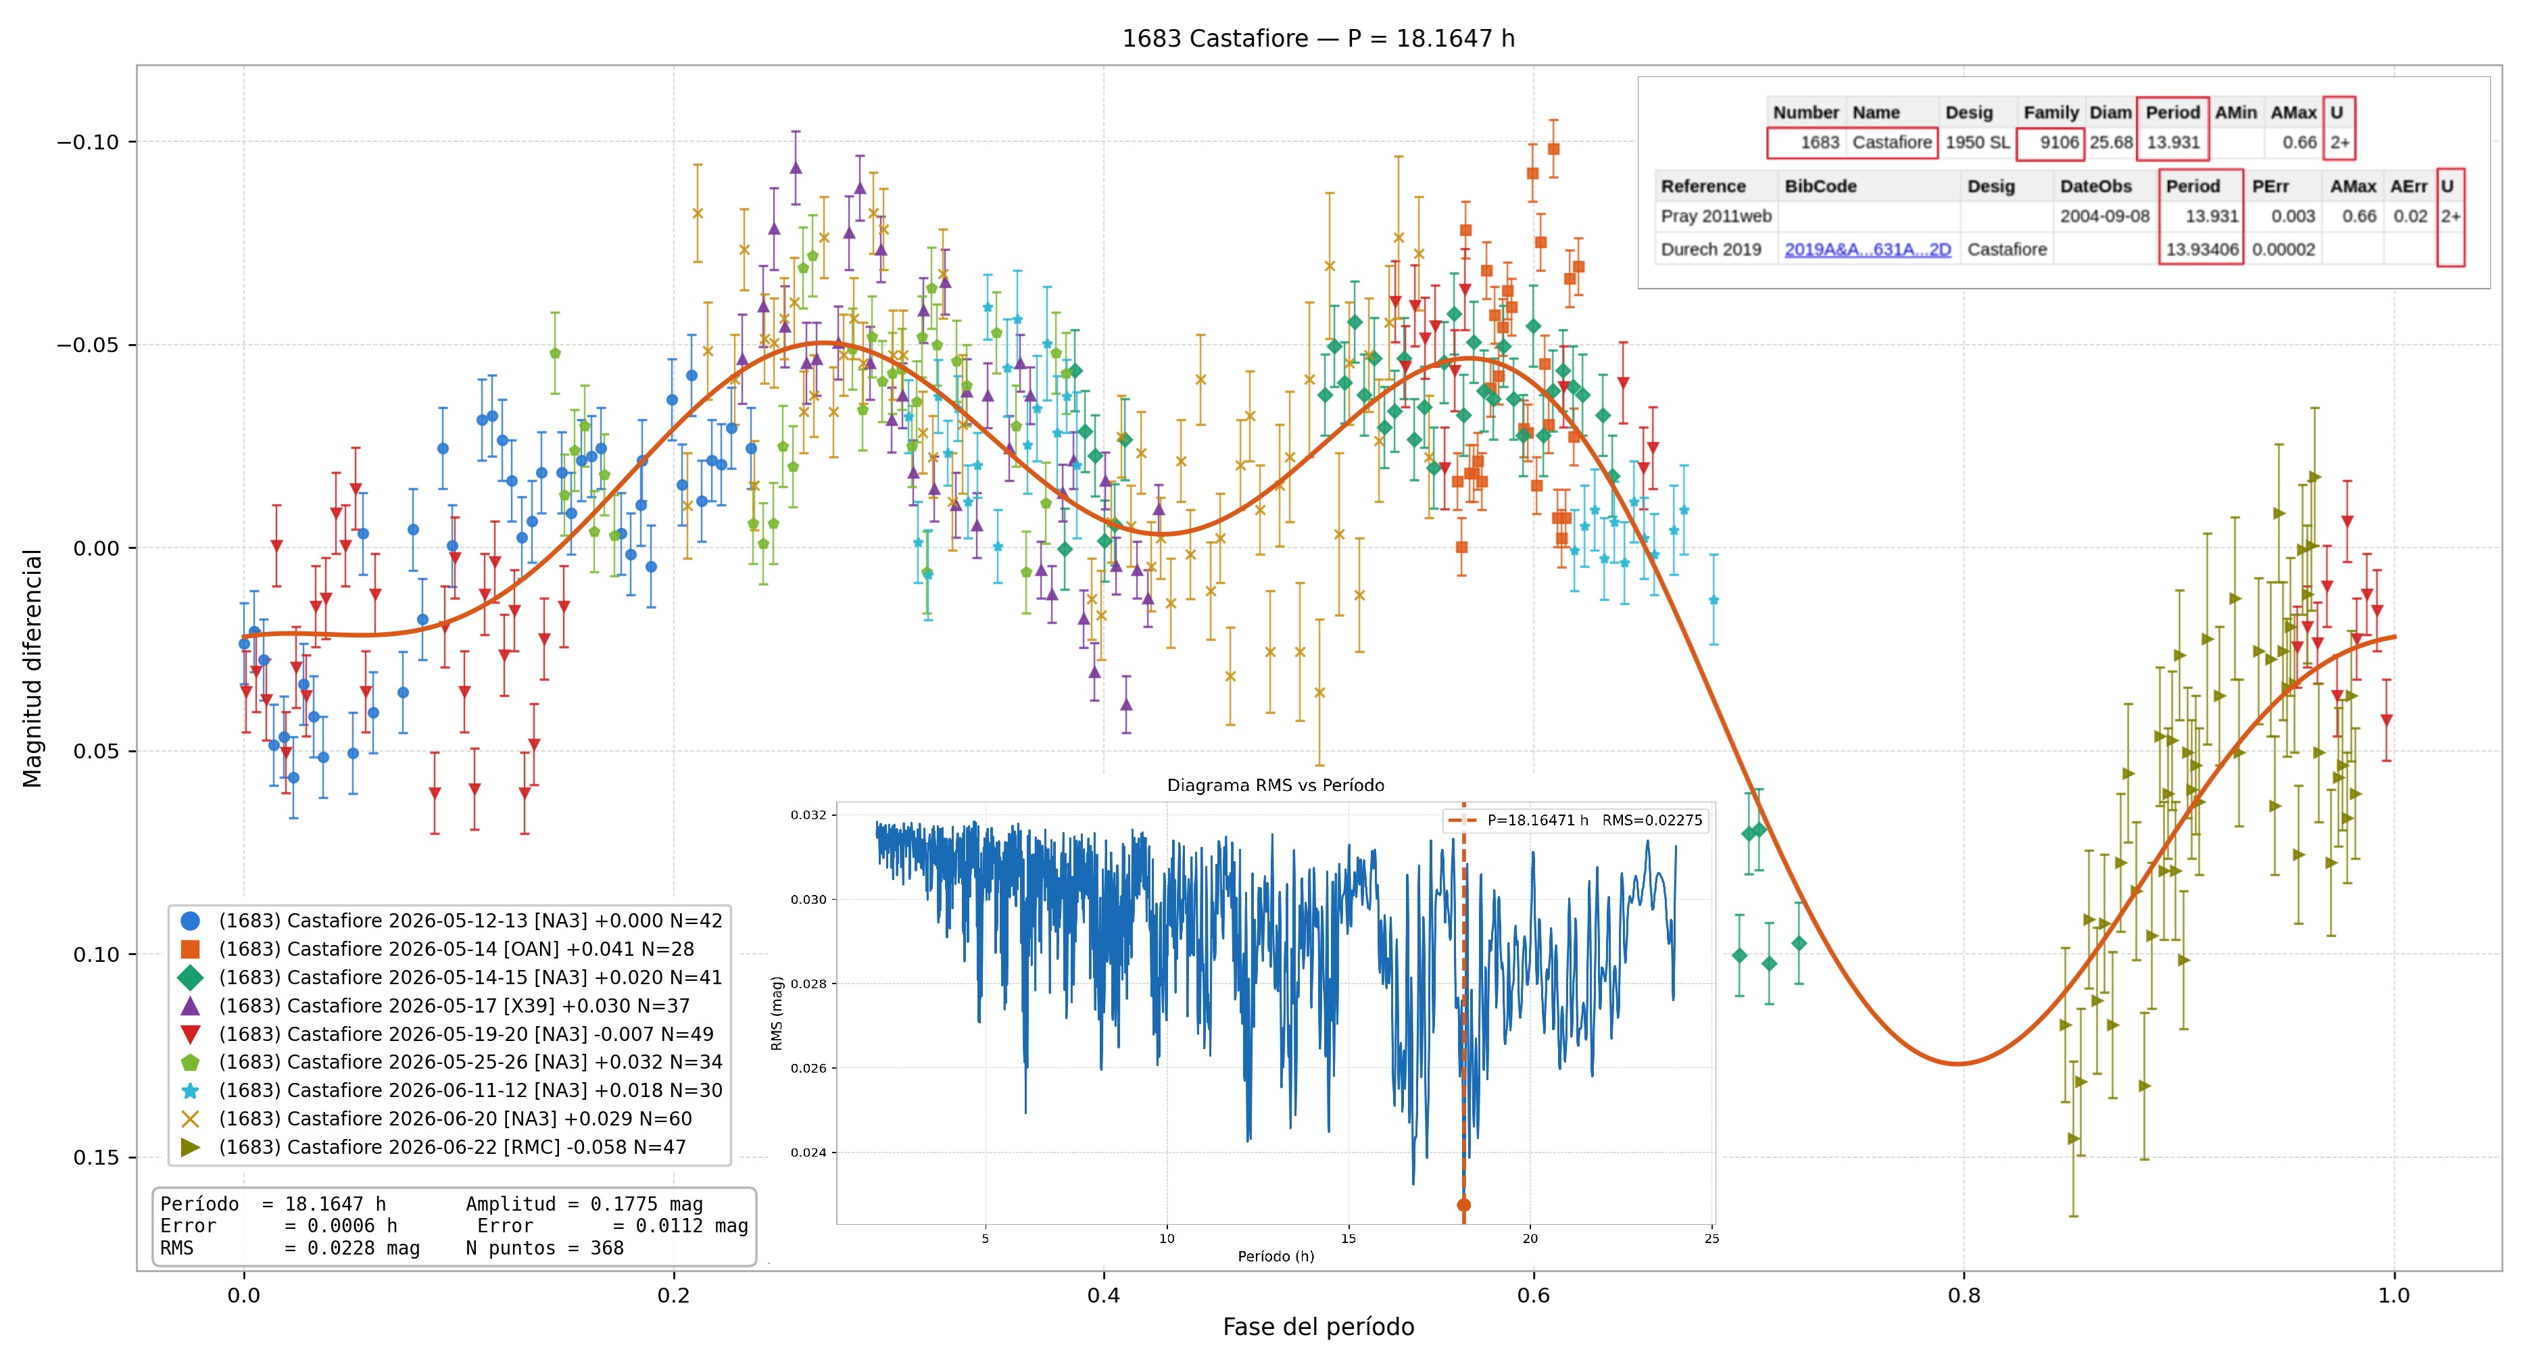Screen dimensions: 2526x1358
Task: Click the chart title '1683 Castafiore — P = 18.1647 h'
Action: coord(1318,39)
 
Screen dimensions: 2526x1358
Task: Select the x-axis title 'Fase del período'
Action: coord(1318,1327)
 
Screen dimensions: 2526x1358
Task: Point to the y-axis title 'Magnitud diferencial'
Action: coord(32,668)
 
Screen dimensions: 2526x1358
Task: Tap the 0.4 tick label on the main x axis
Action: coord(1103,1295)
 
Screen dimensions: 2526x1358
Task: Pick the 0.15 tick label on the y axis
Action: coord(96,1157)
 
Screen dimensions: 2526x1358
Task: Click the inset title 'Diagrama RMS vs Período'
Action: coord(1275,785)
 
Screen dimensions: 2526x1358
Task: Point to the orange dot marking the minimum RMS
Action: coord(1463,1205)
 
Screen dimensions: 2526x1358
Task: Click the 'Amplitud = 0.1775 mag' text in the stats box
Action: coord(585,1204)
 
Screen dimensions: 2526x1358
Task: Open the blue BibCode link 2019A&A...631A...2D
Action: coord(1867,249)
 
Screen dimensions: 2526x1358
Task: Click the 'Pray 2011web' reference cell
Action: coord(1716,216)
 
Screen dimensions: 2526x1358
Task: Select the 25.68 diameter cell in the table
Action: coord(2110,142)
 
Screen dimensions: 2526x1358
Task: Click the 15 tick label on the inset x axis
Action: coord(1349,1238)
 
